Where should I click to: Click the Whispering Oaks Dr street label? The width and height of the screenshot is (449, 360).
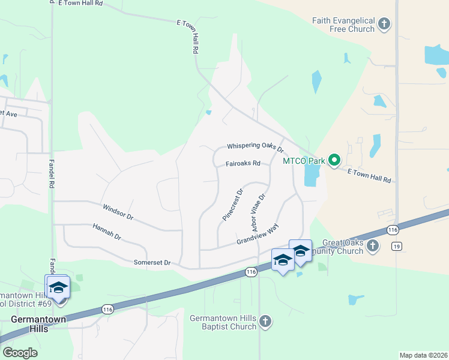pos(255,146)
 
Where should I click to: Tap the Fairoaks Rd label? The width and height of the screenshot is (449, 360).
pos(243,163)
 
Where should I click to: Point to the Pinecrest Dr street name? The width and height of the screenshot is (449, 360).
pos(232,205)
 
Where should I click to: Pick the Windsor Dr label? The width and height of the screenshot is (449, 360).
pos(118,211)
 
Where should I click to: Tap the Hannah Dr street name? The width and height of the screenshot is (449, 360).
pos(107,232)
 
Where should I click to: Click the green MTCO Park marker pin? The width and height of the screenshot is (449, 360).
pos(335,160)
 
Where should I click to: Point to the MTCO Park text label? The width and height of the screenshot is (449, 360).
pos(303,161)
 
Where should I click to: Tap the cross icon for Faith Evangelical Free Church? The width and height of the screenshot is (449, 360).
pos(384,25)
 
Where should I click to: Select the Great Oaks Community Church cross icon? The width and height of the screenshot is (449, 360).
pos(373,246)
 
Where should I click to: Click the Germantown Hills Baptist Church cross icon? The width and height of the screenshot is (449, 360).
pos(265,322)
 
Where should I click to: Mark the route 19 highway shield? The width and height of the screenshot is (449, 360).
pos(396,245)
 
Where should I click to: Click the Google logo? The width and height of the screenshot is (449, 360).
pos(20,353)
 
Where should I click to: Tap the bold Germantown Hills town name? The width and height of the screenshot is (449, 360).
pos(29,324)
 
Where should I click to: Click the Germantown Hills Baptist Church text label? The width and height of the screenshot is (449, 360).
pos(223,322)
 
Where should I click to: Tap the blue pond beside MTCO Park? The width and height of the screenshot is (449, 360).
pos(312,175)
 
